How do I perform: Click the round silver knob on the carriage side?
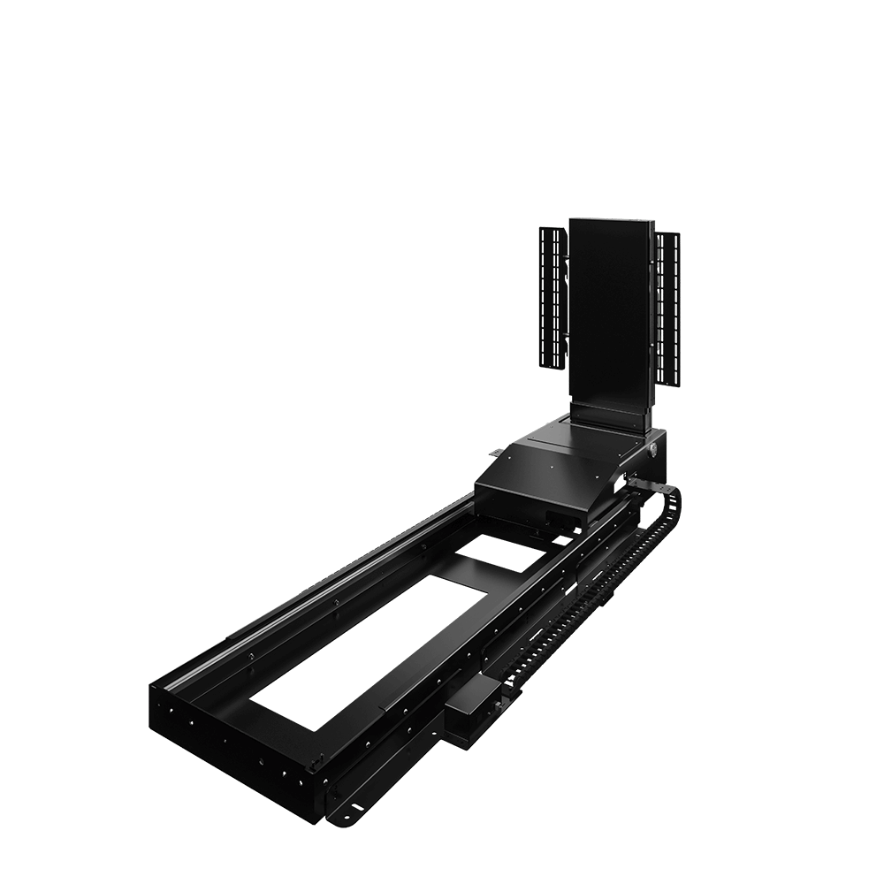point(652,449)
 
